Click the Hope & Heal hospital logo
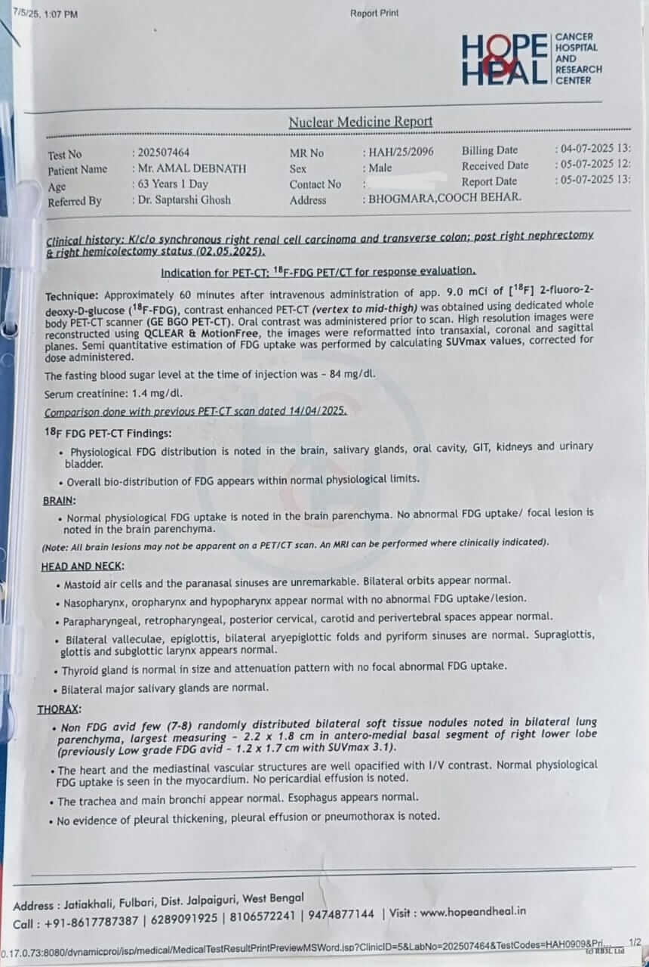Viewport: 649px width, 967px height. pyautogui.click(x=531, y=59)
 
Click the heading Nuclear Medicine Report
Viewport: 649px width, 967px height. pyautogui.click(x=361, y=122)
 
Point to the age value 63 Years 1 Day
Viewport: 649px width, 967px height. pyautogui.click(x=173, y=184)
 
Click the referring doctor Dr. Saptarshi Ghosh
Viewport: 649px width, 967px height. pyautogui.click(x=183, y=200)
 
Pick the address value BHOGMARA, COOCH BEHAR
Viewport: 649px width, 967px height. pyautogui.click(x=445, y=198)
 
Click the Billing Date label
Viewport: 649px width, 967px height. pyautogui.click(x=490, y=150)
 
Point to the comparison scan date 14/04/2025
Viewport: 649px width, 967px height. pyautogui.click(x=315, y=412)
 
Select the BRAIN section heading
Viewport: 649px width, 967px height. pyautogui.click(x=59, y=500)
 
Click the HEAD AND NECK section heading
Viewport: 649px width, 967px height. pyautogui.click(x=83, y=566)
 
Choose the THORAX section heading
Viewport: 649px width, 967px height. pyautogui.click(x=60, y=709)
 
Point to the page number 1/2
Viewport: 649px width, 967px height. pyautogui.click(x=635, y=942)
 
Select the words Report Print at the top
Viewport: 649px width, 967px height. pyautogui.click(x=374, y=13)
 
